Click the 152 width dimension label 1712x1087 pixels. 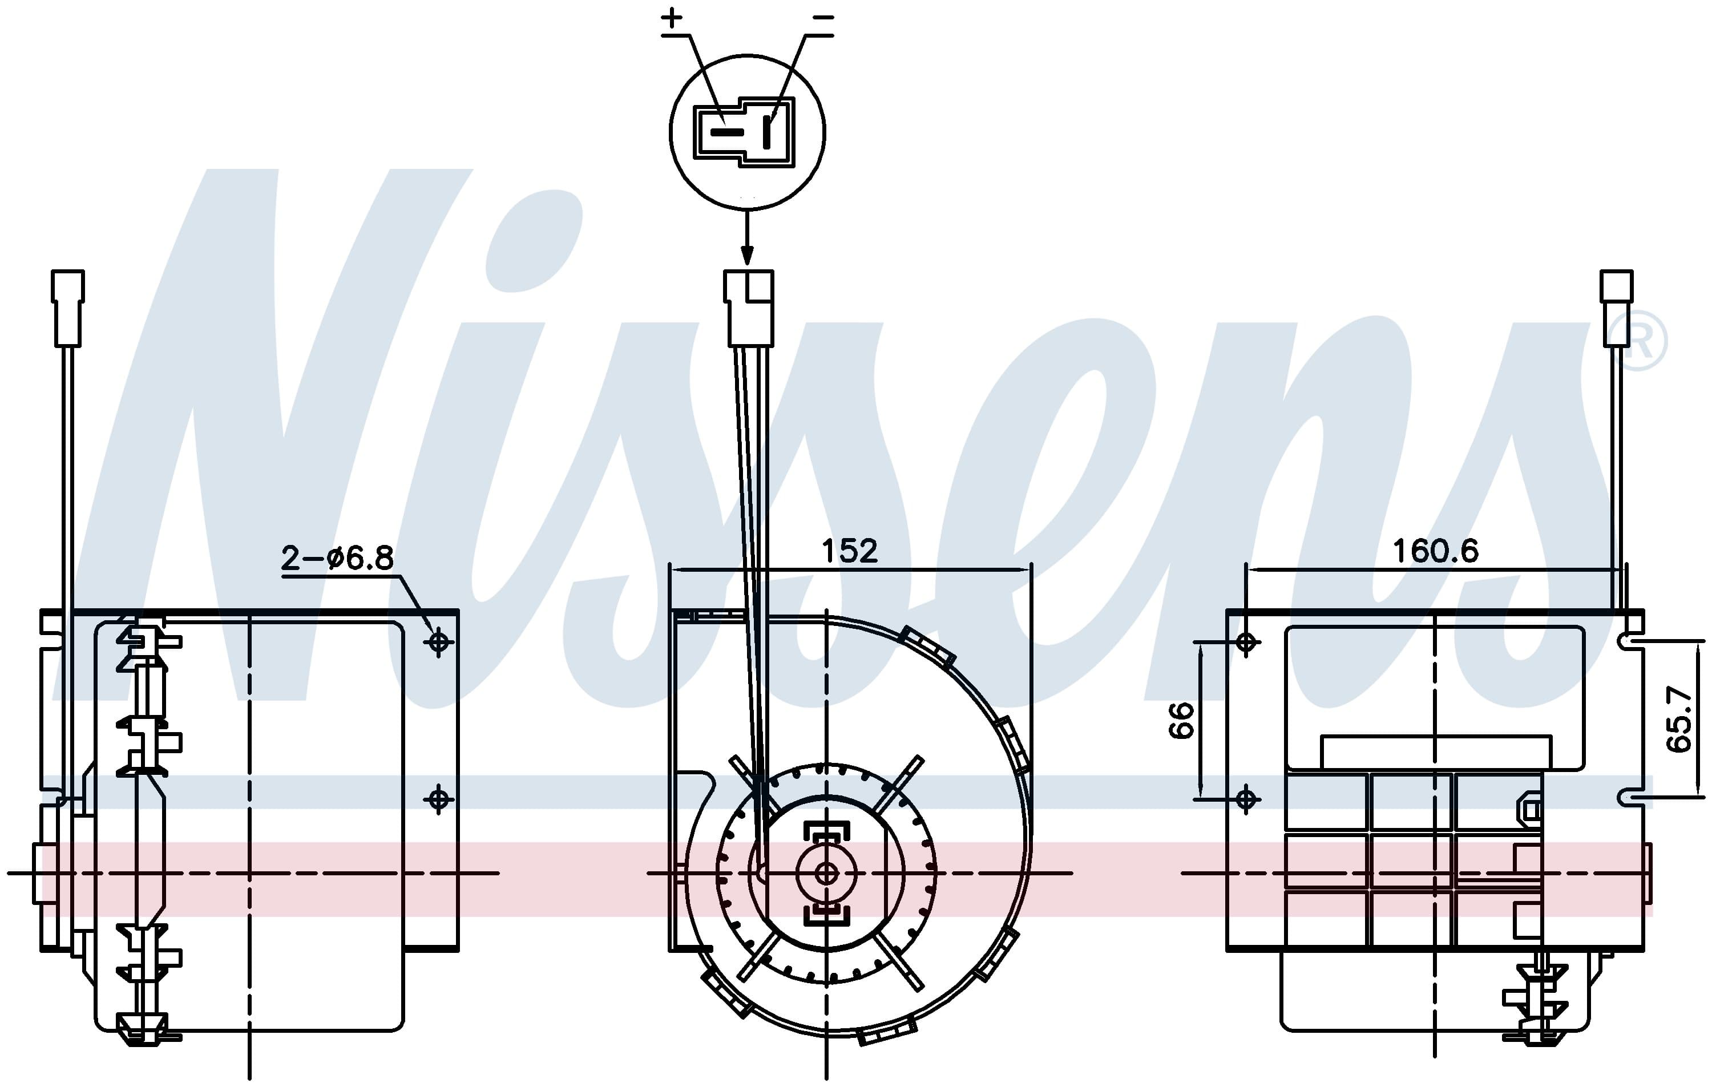click(850, 551)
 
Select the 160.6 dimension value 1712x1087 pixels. click(1435, 551)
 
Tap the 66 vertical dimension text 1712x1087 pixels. click(1181, 720)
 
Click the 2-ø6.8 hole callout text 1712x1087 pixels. click(337, 558)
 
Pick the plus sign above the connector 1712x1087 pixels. click(672, 18)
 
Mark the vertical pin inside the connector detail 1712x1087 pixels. click(766, 132)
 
